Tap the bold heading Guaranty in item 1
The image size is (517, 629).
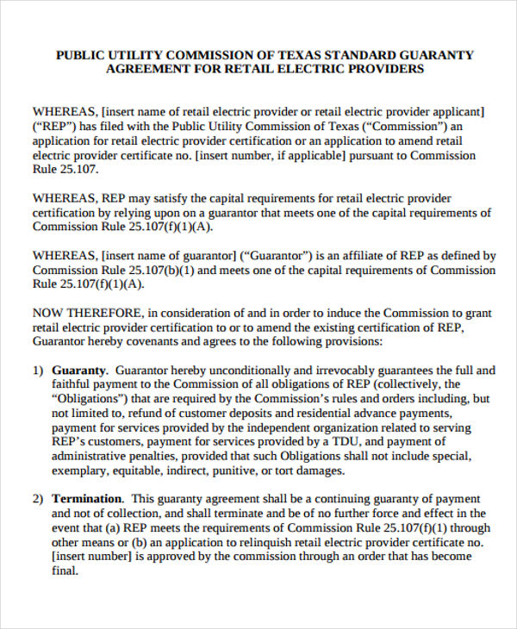(x=79, y=370)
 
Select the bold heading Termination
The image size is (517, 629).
(x=88, y=499)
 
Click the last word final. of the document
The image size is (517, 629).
(x=66, y=571)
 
